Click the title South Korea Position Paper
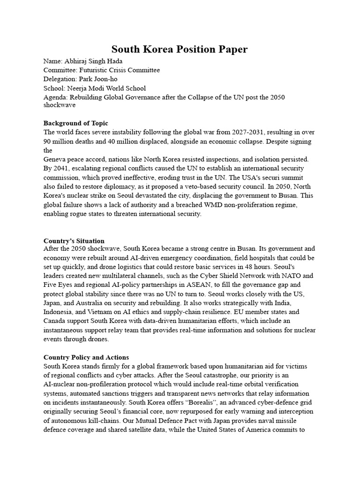pos(180,49)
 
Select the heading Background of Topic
pos(76,123)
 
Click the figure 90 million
pos(60,141)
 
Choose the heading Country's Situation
pos(74,240)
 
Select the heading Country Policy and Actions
pos(86,357)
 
